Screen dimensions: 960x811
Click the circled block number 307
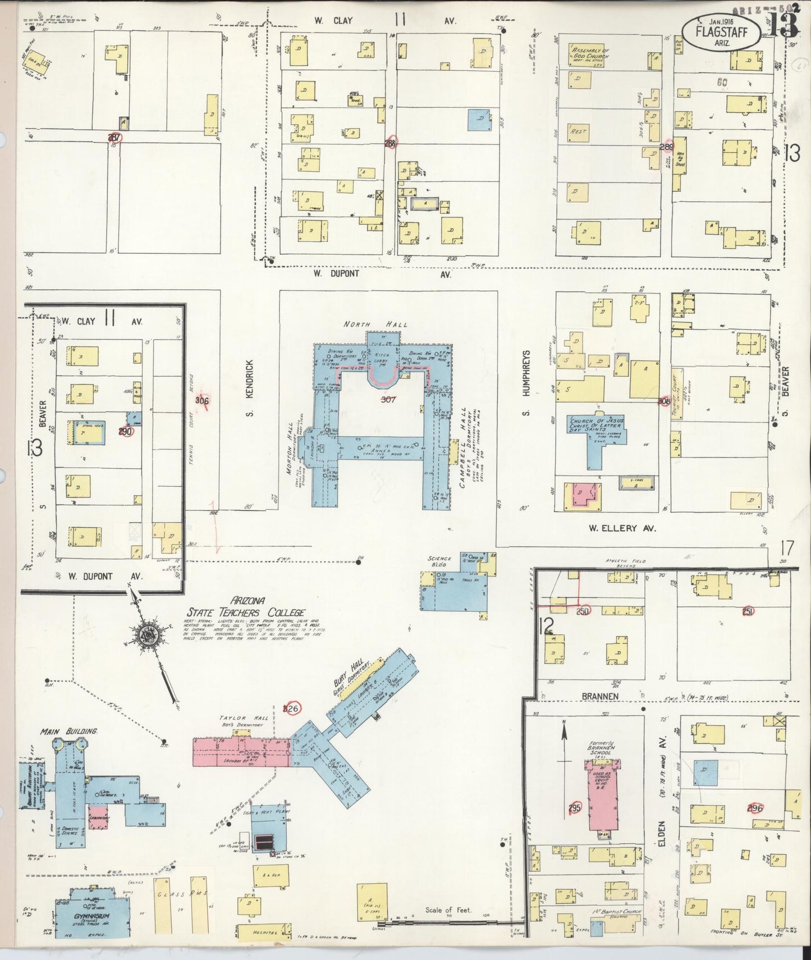[388, 400]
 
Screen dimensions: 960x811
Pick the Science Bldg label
[439, 562]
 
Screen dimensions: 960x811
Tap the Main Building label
[68, 732]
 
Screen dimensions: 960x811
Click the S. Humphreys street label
[526, 382]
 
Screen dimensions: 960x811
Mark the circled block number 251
[746, 612]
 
